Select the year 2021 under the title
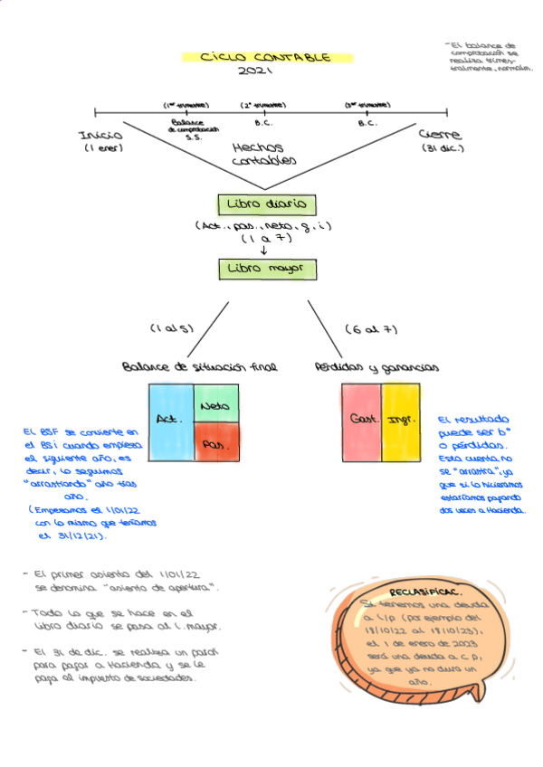(x=256, y=71)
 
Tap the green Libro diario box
(x=267, y=204)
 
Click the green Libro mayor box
(x=267, y=269)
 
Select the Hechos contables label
(x=262, y=153)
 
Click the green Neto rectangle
(x=215, y=404)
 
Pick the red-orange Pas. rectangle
(x=215, y=445)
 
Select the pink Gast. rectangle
(x=361, y=420)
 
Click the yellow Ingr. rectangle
(x=401, y=420)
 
